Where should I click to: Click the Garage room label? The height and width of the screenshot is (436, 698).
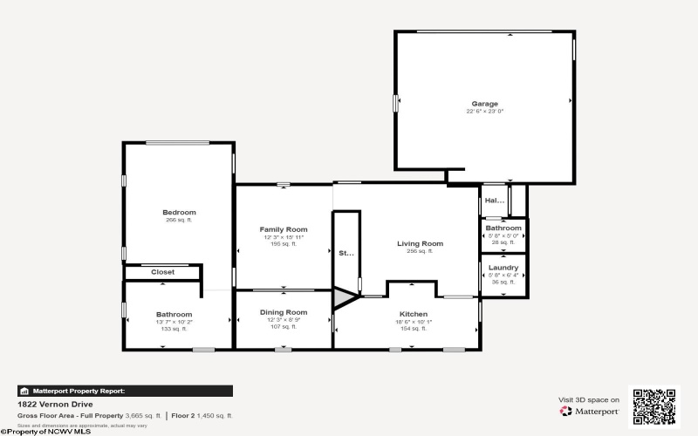(485, 104)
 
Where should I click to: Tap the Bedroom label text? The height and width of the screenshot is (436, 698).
(179, 212)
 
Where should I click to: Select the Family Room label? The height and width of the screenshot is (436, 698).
(284, 229)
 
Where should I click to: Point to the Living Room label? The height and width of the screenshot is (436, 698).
(420, 243)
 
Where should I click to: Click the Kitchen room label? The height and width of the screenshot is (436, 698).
(413, 313)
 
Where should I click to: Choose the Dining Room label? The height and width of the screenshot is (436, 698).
(284, 312)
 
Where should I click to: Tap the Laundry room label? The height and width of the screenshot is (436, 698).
(503, 268)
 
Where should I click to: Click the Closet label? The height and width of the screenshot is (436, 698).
(162, 272)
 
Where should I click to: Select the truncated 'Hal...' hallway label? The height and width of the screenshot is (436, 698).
(495, 201)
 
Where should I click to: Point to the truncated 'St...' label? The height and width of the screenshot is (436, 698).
(346, 253)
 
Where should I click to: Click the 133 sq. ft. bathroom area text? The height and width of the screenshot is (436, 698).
(174, 329)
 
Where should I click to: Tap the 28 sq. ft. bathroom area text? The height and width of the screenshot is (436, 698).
(503, 242)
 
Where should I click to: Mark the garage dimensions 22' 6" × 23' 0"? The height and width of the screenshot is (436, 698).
(485, 112)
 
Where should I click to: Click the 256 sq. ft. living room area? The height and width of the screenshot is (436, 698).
(420, 251)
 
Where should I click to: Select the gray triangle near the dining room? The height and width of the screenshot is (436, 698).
(343, 299)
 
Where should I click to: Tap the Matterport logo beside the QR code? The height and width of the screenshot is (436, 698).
(590, 411)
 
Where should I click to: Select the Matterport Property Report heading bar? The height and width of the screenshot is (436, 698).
(124, 391)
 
